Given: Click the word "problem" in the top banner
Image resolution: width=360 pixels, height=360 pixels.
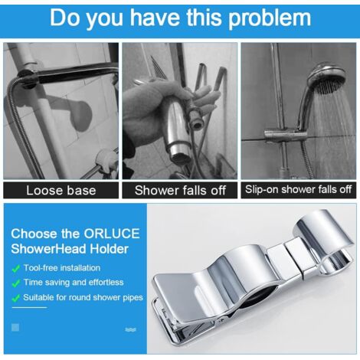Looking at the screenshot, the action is coord(269,18).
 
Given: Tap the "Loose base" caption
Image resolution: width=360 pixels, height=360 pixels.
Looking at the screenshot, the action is coord(61,191).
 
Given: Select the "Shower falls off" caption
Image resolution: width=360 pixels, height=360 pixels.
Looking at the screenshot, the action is coord(180,190).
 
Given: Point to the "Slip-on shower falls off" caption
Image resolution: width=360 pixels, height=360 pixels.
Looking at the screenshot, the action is coord(298,189).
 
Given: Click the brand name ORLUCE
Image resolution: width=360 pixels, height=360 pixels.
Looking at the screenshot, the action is coord(112,234).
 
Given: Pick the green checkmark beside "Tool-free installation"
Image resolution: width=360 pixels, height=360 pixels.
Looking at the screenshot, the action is coord(16,269).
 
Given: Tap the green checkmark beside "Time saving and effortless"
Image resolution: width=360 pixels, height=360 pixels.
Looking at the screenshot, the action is coord(16,283).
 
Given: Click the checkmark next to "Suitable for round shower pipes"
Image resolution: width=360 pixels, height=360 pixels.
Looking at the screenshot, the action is coord(16,298).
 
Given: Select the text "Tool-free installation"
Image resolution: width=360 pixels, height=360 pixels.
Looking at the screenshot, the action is coord(62,268).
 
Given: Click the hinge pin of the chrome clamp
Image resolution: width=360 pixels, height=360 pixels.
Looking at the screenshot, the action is coord(223,319).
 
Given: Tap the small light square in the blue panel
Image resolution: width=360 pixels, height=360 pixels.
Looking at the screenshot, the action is coord(15,327).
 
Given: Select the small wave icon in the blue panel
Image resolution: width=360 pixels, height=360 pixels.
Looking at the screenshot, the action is coord(130,329).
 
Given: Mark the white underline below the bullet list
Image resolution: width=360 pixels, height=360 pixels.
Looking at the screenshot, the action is coord(29,307).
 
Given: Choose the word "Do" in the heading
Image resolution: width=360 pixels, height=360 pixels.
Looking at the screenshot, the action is coord(65,18).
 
